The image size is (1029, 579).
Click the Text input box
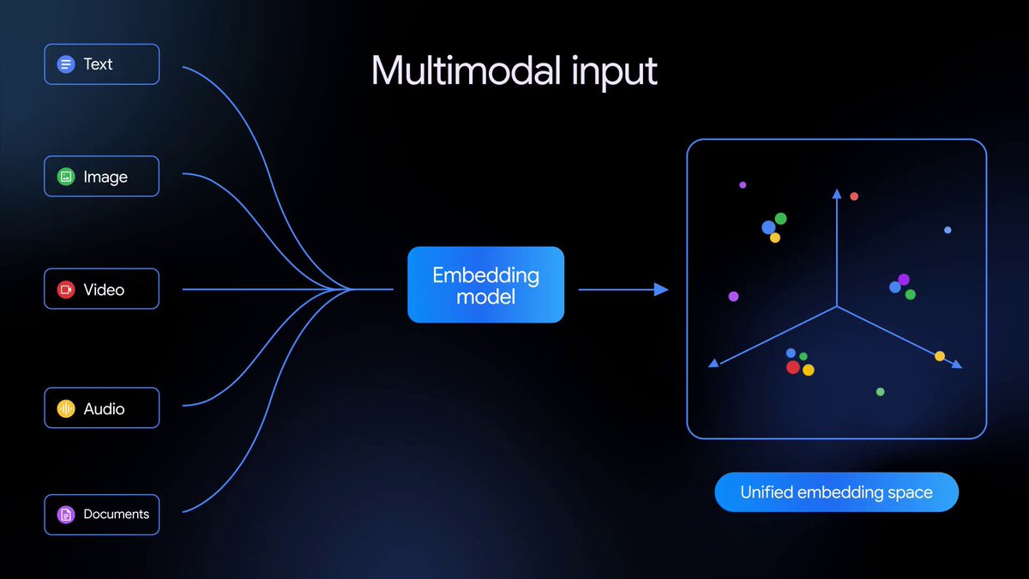(x=101, y=64)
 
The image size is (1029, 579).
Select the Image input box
(x=101, y=177)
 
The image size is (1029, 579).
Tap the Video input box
(x=101, y=290)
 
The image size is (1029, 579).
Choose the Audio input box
(x=101, y=409)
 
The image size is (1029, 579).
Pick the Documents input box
(x=101, y=515)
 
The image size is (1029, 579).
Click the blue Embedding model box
(x=485, y=285)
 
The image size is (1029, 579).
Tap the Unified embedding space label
(x=836, y=492)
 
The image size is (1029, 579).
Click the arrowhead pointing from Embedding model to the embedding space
(x=661, y=290)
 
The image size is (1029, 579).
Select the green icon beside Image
(x=66, y=177)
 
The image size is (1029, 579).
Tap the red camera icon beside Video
(x=66, y=290)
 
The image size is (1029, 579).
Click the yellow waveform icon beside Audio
(x=66, y=409)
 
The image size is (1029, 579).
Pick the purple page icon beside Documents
(x=66, y=515)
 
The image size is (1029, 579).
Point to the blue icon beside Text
(x=66, y=64)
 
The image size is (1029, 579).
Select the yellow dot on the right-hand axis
(x=940, y=356)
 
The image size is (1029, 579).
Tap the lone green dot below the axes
(x=880, y=392)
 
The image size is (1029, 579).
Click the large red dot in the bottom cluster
(x=793, y=367)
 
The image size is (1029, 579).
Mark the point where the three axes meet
(x=837, y=306)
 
